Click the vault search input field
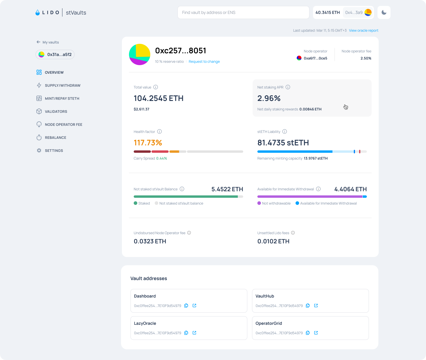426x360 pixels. [x=243, y=12]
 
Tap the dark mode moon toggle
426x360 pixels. [x=384, y=12]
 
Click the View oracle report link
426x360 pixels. [x=364, y=30]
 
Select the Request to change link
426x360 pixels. [x=204, y=62]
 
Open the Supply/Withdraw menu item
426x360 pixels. [x=62, y=86]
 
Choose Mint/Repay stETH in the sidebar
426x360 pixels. [x=62, y=99]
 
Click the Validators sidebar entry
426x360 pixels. [x=56, y=112]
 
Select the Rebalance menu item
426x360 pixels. [x=55, y=138]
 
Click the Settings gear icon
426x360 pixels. [x=39, y=150]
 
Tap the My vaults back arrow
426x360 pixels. [x=38, y=42]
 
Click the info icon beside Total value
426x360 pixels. [x=156, y=87]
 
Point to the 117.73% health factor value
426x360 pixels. [x=148, y=143]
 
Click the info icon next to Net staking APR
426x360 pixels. [x=288, y=87]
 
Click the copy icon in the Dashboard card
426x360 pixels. [x=186, y=306]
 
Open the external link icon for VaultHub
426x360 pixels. [x=316, y=306]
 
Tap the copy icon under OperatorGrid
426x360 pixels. [x=308, y=333]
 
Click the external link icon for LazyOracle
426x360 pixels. [x=194, y=333]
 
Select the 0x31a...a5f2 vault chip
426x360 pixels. [x=55, y=54]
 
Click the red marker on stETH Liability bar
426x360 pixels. [x=360, y=152]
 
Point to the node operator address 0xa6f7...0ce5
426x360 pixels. [x=315, y=58]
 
